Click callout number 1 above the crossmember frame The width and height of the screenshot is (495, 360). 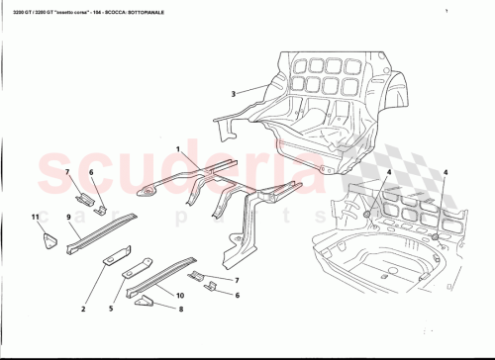tap(179, 148)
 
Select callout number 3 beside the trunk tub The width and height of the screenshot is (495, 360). tap(233, 94)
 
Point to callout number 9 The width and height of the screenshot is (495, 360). tap(69, 217)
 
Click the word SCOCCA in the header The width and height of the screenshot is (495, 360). tap(135, 11)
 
